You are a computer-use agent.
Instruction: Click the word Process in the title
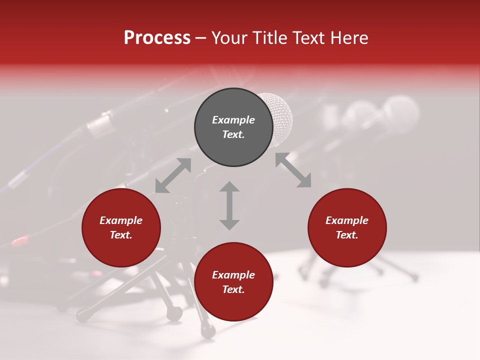(x=157, y=38)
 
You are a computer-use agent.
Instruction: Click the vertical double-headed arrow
(x=229, y=205)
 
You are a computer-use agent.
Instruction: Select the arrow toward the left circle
(x=173, y=175)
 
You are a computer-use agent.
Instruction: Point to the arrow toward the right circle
(x=293, y=170)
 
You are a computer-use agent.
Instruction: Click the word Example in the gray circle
(x=233, y=120)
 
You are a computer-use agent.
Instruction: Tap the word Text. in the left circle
(x=121, y=235)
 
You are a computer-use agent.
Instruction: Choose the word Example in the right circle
(x=347, y=220)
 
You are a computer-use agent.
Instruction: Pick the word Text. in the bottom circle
(x=233, y=289)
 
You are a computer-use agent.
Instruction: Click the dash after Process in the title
(x=200, y=38)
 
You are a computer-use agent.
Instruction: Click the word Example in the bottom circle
(x=233, y=275)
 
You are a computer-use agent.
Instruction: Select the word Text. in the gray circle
(x=233, y=134)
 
